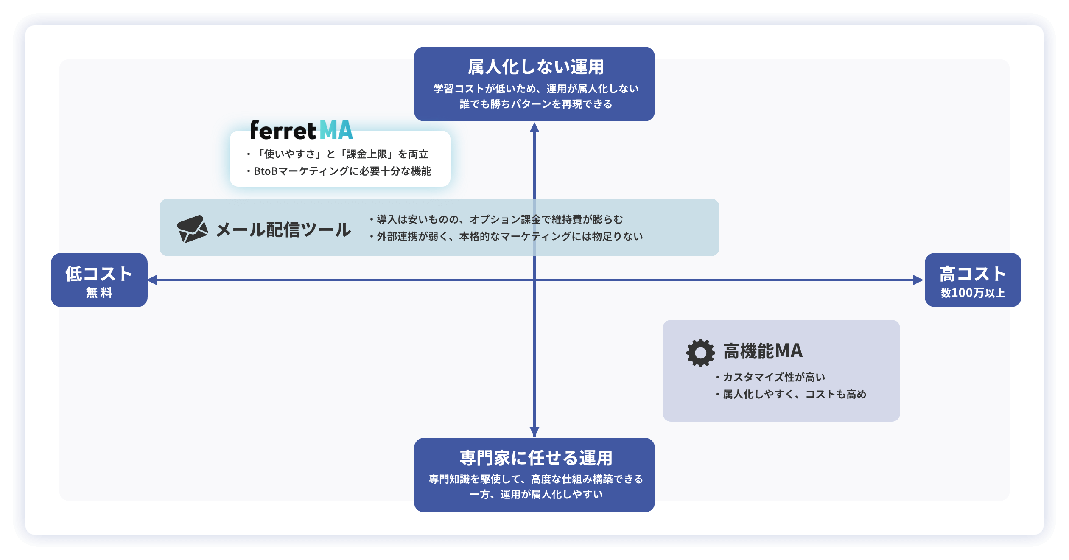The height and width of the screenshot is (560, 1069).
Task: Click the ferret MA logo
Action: pyautogui.click(x=302, y=130)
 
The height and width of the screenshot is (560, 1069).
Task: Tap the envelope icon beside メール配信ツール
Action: pyautogui.click(x=192, y=229)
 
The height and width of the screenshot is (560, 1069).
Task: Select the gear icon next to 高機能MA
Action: pyautogui.click(x=700, y=353)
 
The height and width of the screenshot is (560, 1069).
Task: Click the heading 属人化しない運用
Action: pyautogui.click(x=535, y=67)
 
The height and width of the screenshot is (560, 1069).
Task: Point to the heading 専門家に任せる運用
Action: pyautogui.click(x=536, y=458)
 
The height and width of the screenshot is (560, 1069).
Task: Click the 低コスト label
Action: pyautogui.click(x=99, y=274)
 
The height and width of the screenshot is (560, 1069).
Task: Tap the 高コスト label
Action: pyautogui.click(x=973, y=274)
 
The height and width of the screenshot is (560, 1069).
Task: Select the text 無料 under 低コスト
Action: pyautogui.click(x=99, y=293)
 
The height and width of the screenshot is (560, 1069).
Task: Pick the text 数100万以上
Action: pyautogui.click(x=973, y=293)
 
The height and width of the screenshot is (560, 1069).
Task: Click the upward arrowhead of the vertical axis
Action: pyautogui.click(x=534, y=128)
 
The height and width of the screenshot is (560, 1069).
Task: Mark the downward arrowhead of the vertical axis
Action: pyautogui.click(x=534, y=431)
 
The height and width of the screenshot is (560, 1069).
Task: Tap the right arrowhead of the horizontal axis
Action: pyautogui.click(x=918, y=280)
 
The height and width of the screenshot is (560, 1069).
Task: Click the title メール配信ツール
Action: pyautogui.click(x=283, y=230)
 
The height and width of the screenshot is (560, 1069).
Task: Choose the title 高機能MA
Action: pyautogui.click(x=763, y=351)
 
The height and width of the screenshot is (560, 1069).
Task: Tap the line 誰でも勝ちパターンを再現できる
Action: pyautogui.click(x=536, y=104)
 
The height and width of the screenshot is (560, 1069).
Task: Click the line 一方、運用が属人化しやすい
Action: pyautogui.click(x=536, y=494)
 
